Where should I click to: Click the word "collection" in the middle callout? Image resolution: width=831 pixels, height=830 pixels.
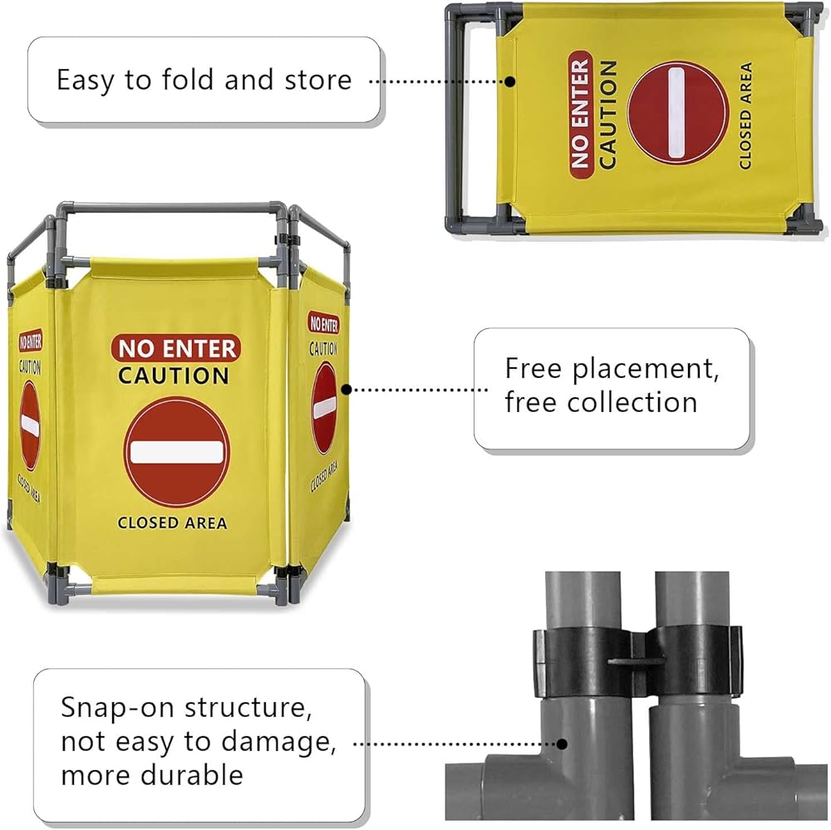[x=632, y=402]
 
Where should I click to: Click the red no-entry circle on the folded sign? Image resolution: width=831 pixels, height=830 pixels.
[x=677, y=112]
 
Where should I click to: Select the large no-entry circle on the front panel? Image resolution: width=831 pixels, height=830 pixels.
[x=176, y=452]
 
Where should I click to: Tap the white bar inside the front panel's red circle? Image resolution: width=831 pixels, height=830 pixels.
[x=176, y=452]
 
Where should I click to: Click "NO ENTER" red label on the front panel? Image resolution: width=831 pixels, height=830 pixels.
[x=176, y=348]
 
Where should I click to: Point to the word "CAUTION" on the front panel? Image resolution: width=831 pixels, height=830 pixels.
[x=174, y=376]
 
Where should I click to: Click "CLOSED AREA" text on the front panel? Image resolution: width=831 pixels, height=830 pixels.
[x=172, y=523]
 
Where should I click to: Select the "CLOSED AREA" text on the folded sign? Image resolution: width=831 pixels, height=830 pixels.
[x=745, y=116]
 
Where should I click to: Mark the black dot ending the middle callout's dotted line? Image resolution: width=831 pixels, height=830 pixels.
[x=346, y=389]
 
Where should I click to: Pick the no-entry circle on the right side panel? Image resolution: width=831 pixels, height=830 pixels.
[x=324, y=408]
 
